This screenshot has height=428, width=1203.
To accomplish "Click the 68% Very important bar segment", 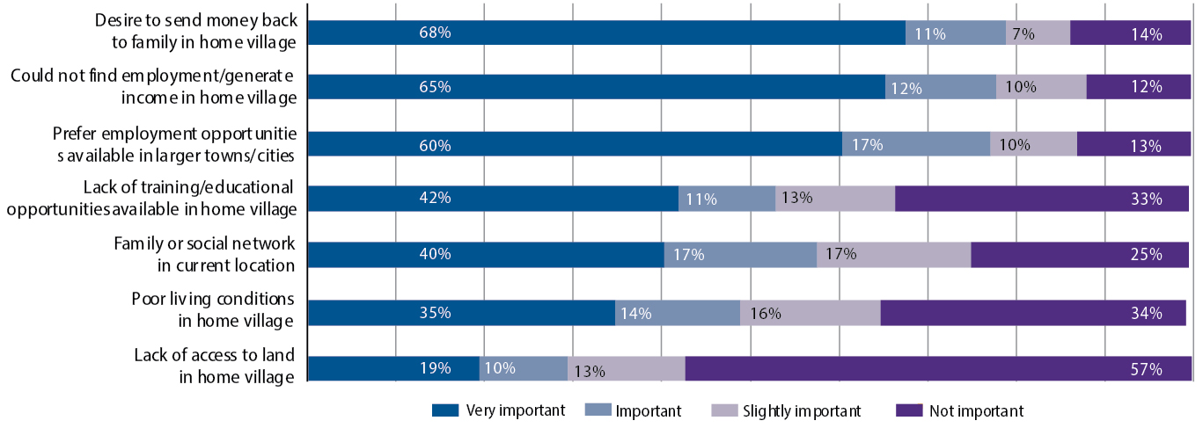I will point(606,33).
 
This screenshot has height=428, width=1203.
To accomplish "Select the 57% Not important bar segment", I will point(938,369).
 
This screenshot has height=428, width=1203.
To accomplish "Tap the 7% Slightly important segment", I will point(1038,33).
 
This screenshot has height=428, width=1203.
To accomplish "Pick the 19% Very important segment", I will point(393,369).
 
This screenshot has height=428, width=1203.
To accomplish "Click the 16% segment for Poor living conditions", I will point(810,313).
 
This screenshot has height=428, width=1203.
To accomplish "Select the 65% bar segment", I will point(597,87).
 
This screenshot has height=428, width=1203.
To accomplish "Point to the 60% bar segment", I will point(575,144).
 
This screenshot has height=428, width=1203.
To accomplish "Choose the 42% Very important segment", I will point(493,199).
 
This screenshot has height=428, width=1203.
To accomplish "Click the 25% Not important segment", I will point(1081,255).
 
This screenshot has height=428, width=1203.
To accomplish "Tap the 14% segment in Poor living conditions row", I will point(677,313).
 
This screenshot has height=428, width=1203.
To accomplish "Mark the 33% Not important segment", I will point(1043,199).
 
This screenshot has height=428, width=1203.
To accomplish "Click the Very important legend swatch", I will point(445,410).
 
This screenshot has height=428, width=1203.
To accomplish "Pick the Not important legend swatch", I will point(909,410).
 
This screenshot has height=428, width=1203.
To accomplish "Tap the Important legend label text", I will point(649,410).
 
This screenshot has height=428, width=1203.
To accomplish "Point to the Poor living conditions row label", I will point(213,309).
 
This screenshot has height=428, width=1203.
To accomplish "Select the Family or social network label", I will point(205,253).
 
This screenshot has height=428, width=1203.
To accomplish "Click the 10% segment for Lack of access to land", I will point(523,369).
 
